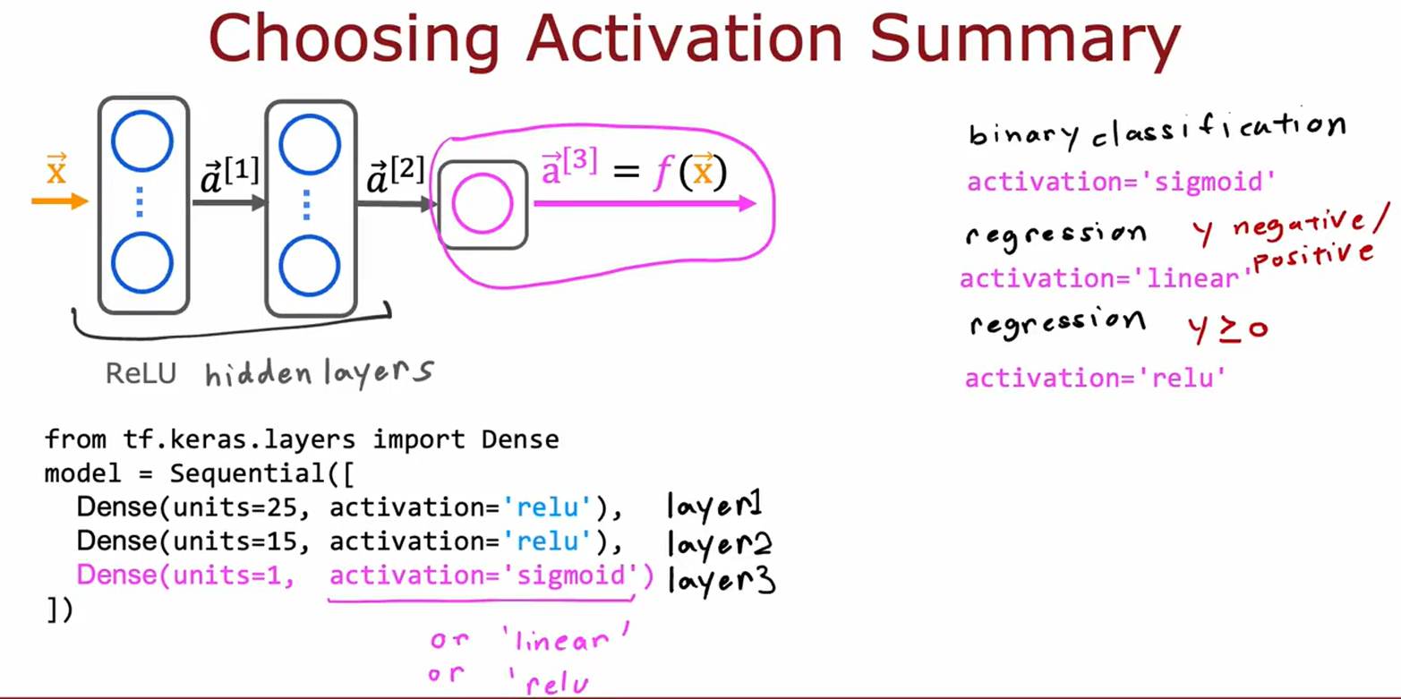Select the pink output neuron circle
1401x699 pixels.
[483, 204]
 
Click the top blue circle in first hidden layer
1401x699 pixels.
[142, 141]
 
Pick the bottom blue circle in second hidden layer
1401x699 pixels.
[310, 266]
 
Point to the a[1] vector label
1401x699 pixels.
[230, 175]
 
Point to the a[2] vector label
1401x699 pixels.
[395, 175]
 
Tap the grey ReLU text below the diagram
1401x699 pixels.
[141, 373]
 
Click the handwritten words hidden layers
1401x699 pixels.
[319, 371]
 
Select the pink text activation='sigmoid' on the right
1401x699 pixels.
[1121, 183]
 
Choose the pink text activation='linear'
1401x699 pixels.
[1104, 279]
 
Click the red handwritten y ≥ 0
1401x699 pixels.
[1227, 328]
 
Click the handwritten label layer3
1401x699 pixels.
[722, 581]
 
